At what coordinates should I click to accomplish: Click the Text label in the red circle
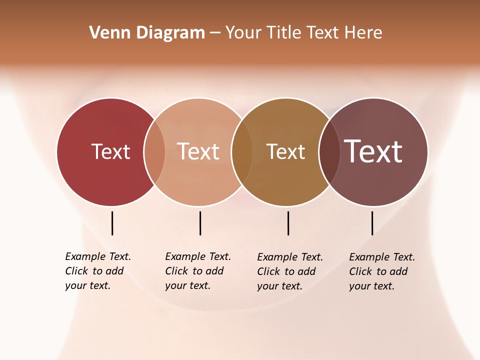(x=110, y=151)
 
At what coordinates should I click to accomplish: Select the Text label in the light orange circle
(x=198, y=151)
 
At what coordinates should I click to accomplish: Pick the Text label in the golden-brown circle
(x=285, y=151)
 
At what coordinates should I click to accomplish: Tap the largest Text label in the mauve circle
(x=373, y=151)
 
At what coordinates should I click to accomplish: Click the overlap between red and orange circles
(x=154, y=152)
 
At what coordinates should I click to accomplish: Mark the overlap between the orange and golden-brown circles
(x=242, y=152)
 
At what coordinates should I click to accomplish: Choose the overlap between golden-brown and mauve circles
(x=329, y=152)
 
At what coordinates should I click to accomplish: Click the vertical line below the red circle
(x=112, y=223)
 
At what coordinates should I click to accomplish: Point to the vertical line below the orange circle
(x=200, y=223)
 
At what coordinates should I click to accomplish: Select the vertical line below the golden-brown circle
(x=288, y=223)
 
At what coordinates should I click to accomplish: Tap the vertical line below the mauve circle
(x=372, y=223)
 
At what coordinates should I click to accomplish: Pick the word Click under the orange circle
(x=176, y=271)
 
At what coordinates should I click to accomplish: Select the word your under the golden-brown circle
(x=267, y=286)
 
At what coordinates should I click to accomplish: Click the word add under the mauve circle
(x=398, y=271)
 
